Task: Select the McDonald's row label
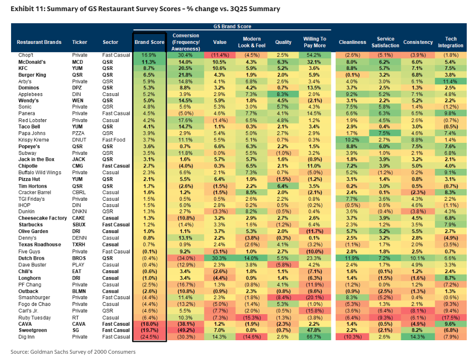32,62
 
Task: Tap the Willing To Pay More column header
314,42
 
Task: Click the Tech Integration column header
451,42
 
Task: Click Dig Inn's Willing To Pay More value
314,336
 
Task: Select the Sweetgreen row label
32,330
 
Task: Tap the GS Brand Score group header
232,27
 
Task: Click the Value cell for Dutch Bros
220,258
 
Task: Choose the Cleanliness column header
352,42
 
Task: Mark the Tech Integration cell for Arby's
451,82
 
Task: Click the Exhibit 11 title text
145,9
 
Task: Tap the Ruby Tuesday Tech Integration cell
451,317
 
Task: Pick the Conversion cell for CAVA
186,323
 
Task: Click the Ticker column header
79,42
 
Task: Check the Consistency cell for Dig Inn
416,336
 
